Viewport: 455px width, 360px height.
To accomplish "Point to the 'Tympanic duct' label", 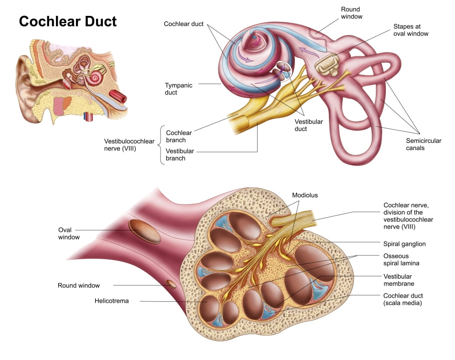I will point(178,89).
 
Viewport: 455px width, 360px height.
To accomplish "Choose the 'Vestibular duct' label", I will point(308,125).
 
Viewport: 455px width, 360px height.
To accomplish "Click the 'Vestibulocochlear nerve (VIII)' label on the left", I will point(129,145).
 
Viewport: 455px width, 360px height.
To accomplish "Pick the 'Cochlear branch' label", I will point(179,136).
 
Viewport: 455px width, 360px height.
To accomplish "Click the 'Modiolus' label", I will point(305,195).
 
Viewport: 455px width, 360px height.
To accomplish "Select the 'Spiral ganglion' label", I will point(404,244).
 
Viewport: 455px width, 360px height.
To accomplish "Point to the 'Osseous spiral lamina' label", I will point(401,259).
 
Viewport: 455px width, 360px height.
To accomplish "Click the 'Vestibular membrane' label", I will point(399,280).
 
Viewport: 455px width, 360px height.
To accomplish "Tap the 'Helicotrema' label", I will point(111,300).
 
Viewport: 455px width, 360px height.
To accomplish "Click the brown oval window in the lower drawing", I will point(144,231).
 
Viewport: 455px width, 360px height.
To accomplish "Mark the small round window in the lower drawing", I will point(171,285).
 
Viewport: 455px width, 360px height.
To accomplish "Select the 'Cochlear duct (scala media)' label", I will point(403,299).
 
